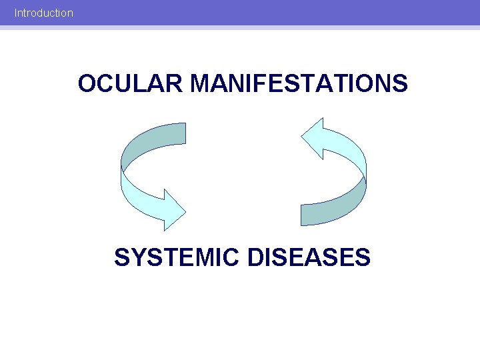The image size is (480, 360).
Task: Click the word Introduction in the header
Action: pos(44,13)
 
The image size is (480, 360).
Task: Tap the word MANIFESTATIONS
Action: pos(299,84)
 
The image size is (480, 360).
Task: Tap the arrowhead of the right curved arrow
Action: pos(313,139)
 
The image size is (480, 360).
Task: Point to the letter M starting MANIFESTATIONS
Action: pos(201,84)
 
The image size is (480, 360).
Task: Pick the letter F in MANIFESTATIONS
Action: pos(269,84)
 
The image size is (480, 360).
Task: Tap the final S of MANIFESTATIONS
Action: pos(400,84)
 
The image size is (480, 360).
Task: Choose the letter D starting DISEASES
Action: pos(256,257)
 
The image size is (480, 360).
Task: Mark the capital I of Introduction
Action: pos(16,13)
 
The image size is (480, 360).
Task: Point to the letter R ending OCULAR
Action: pos(174,84)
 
